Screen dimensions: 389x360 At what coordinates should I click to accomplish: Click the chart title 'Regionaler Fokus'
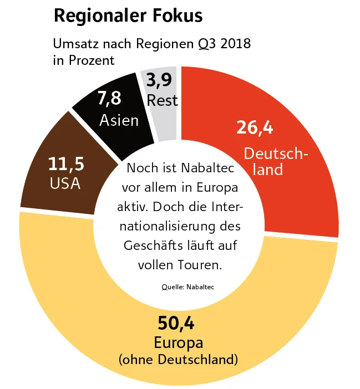(128, 16)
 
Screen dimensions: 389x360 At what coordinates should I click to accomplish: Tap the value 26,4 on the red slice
(255, 127)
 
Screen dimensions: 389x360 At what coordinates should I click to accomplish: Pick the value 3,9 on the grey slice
(160, 81)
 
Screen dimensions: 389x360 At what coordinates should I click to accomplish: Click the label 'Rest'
(163, 100)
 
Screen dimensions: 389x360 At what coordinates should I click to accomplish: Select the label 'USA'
(65, 183)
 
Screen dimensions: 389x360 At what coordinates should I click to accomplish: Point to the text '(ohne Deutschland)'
(178, 360)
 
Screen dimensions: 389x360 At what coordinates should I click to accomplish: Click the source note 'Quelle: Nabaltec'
(187, 287)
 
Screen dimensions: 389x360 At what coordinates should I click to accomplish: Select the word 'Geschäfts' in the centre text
(149, 245)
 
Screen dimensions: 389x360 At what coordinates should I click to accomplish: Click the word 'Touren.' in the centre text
(201, 265)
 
